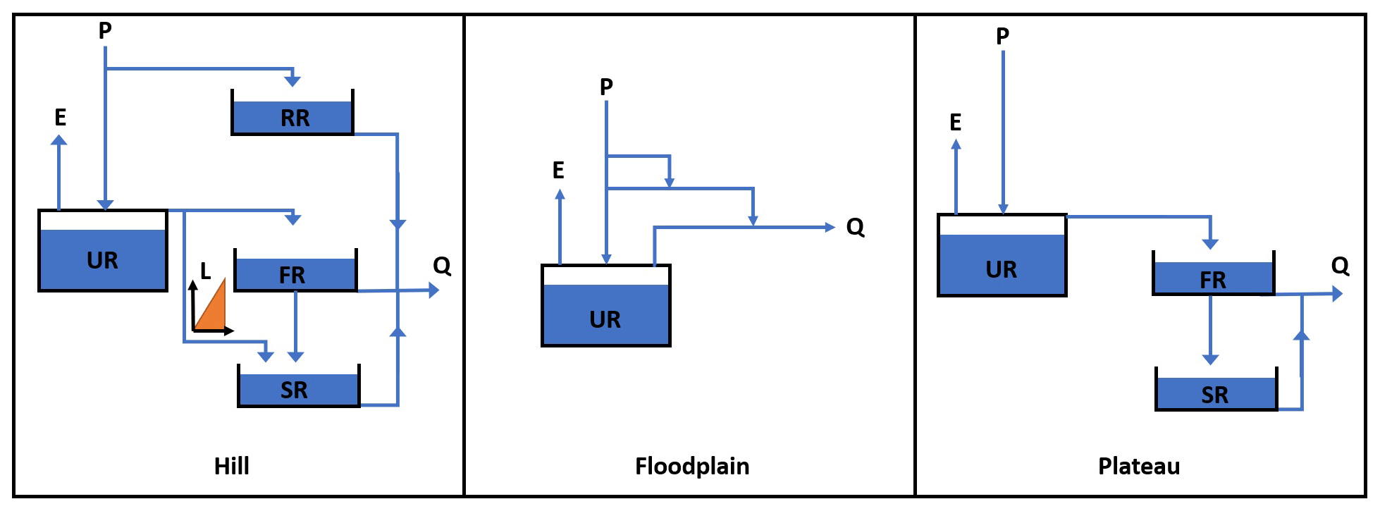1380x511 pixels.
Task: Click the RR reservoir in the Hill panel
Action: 292,117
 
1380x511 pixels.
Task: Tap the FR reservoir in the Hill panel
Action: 295,273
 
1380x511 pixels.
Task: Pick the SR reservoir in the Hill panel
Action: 299,389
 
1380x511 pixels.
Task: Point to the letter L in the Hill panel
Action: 205,271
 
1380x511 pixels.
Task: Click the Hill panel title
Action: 232,466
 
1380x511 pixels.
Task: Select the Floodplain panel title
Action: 692,466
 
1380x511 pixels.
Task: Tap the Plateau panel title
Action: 1139,466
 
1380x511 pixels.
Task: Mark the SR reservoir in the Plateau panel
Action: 1216,393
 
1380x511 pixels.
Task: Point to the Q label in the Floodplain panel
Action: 855,227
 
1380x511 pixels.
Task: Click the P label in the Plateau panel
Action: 1002,35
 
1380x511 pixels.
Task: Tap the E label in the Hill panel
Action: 61,117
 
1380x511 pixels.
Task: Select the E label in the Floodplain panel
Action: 558,170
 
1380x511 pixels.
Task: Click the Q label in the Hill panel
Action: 442,266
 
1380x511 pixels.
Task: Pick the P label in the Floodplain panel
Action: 606,87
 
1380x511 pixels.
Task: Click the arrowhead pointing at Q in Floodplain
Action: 830,227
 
